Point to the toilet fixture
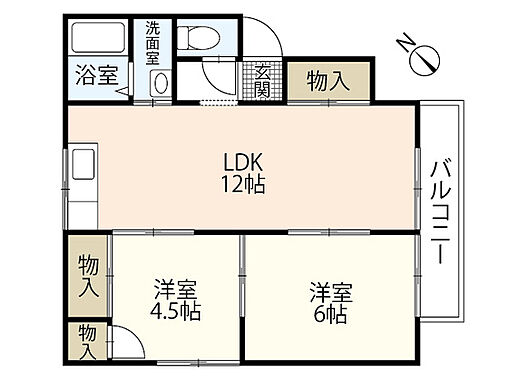point(200,37)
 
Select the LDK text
point(240,164)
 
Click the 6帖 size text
point(329,312)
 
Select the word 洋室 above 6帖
point(329,291)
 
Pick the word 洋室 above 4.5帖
point(176,291)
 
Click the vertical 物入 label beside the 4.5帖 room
point(88,276)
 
